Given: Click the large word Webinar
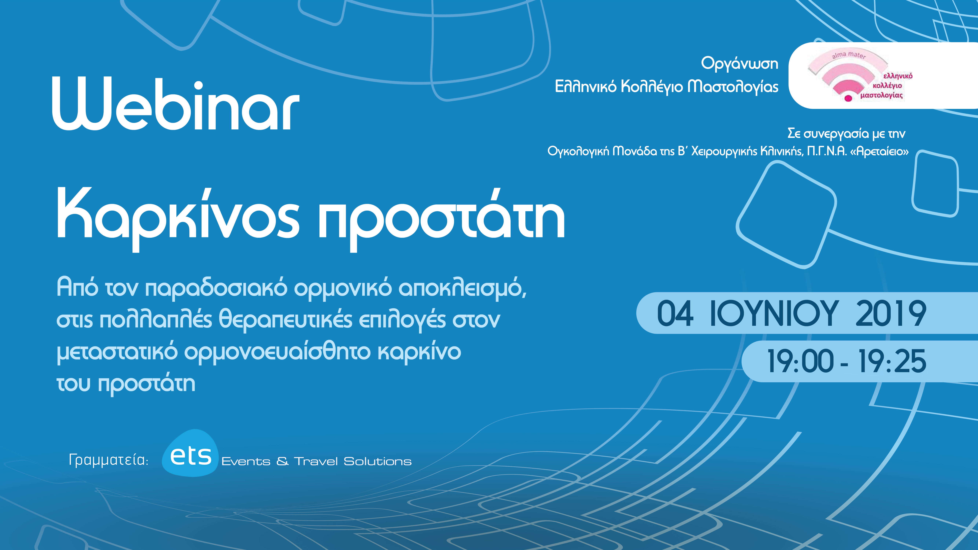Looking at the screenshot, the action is click(x=176, y=103).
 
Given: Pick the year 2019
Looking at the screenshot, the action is click(x=891, y=313).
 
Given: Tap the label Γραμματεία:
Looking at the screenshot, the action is click(x=109, y=460).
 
